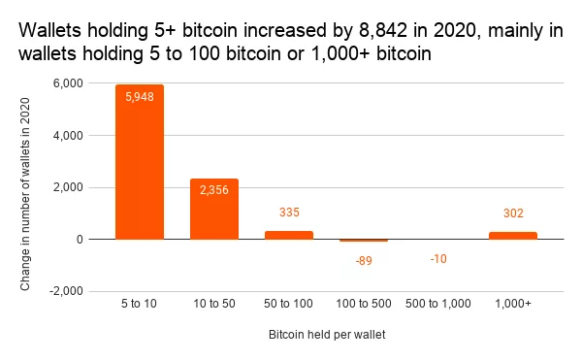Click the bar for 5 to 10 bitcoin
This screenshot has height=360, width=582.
point(140,162)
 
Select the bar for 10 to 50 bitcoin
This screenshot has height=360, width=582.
point(214,209)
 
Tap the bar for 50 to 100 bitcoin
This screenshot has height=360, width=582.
point(289,235)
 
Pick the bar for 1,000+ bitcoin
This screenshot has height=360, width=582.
point(513,236)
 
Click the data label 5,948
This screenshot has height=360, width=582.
point(140,97)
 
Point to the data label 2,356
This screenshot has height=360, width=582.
point(214,190)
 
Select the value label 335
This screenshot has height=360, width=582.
point(289,213)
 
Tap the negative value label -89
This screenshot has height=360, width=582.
point(364,261)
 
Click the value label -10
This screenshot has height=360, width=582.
point(438,259)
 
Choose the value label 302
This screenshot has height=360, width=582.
point(513,213)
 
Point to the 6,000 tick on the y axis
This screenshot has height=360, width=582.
point(68,83)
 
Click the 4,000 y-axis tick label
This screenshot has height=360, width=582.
point(68,136)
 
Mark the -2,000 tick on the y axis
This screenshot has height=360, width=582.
point(66,291)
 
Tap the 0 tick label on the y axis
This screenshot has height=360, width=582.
point(80,240)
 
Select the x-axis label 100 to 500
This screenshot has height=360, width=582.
point(364,304)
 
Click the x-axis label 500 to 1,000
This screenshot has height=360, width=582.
point(438,304)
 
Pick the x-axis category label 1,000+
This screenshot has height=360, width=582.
point(513,304)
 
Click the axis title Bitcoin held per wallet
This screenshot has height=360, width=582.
point(327,335)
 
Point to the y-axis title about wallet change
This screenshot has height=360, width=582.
point(25,194)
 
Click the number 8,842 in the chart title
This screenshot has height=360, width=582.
point(383,30)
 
